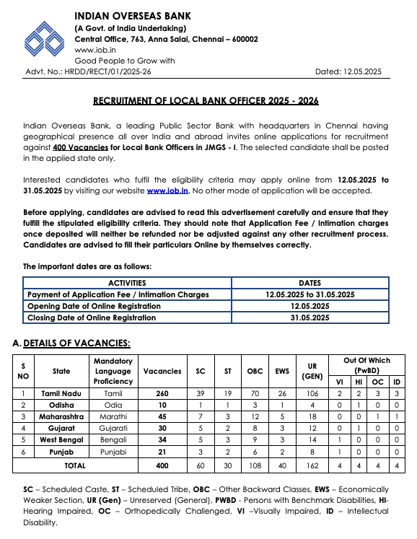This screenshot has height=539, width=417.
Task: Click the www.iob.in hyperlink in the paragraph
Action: coord(168,190)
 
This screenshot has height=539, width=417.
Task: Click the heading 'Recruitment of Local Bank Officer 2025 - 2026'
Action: coord(206,101)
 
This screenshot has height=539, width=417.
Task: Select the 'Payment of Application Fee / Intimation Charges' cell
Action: coord(118,294)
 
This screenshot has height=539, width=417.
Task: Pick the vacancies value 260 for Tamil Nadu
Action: coord(162,393)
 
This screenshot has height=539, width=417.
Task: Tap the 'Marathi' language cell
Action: coord(113,416)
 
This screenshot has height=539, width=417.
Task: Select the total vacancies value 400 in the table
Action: coord(162,466)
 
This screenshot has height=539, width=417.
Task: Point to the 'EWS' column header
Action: coord(281,371)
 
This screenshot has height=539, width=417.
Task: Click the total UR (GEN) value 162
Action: coord(312,466)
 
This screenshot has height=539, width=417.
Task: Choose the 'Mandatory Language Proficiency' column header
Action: coord(113,371)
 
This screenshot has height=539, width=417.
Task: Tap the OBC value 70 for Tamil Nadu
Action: coord(255,393)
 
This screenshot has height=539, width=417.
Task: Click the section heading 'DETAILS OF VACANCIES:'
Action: coord(76,343)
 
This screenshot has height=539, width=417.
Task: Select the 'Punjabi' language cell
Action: coord(113,451)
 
